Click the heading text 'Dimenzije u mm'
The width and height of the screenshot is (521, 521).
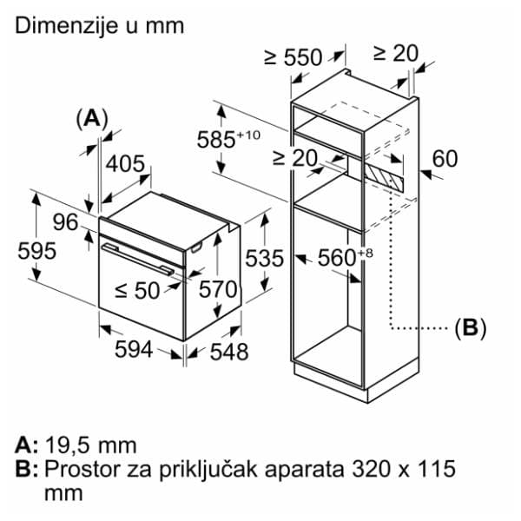(100, 25)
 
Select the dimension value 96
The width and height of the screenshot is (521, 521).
(66, 222)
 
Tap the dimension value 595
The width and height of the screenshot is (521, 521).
(37, 251)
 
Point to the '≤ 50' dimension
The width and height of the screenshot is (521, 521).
(136, 290)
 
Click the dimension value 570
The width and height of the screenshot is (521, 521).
(218, 290)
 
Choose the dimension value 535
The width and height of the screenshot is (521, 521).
(263, 258)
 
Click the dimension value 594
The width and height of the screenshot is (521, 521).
(135, 349)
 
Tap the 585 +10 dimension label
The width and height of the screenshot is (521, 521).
(228, 138)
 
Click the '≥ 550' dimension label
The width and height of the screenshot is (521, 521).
(293, 58)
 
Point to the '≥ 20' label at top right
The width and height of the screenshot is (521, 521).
(395, 53)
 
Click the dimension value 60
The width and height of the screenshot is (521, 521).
(444, 159)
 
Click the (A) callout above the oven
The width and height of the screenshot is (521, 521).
(91, 119)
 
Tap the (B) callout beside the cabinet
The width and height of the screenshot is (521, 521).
(470, 328)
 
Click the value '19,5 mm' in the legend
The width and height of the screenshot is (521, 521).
(90, 445)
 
